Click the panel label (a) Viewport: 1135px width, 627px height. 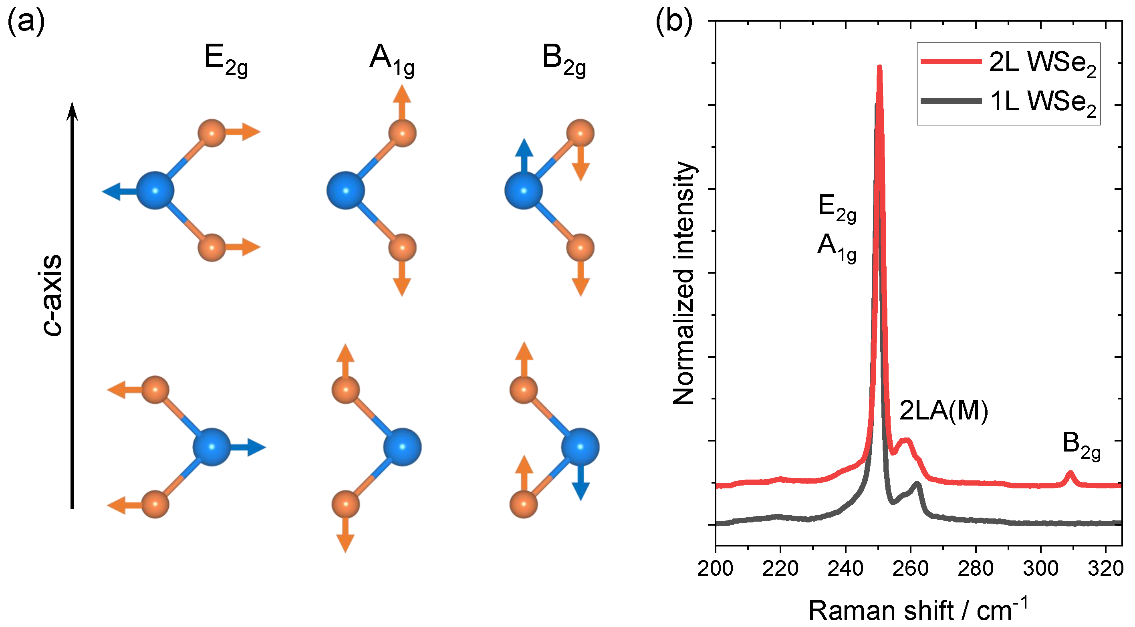click(x=26, y=22)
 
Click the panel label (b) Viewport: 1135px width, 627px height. click(x=674, y=22)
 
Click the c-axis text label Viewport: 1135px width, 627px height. click(x=52, y=295)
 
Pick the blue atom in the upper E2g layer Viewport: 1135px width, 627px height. click(x=155, y=190)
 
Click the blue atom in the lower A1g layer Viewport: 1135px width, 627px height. click(x=402, y=447)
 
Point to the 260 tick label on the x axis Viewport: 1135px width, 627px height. click(x=911, y=569)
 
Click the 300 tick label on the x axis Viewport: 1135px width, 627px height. click(x=1041, y=569)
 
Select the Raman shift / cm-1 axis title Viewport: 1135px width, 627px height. click(x=918, y=610)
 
